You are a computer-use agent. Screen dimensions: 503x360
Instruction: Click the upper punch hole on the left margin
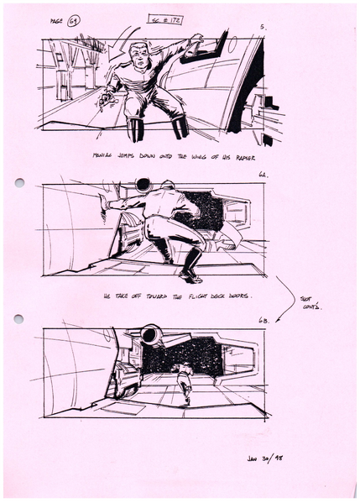19,182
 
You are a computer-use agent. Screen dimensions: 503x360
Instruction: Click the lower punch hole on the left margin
19,318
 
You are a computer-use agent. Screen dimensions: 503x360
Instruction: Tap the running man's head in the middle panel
167,186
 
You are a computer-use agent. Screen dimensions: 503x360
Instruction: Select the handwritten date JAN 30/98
268,459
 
